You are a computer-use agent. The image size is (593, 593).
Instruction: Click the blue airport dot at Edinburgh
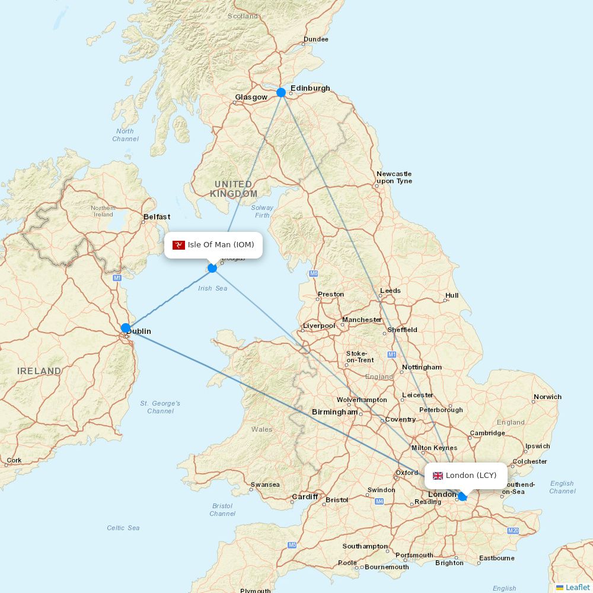281,93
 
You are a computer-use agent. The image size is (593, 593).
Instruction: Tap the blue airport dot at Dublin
126,328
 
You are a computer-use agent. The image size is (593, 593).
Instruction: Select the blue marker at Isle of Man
212,269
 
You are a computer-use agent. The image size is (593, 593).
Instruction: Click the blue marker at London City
463,496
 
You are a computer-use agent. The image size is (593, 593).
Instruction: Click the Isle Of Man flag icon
178,245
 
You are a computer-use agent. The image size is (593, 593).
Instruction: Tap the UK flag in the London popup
438,476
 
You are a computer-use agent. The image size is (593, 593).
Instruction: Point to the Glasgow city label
251,97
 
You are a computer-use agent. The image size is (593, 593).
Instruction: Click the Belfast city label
157,217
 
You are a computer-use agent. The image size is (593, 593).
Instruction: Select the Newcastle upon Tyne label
394,177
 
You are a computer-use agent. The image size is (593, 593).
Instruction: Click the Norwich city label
547,397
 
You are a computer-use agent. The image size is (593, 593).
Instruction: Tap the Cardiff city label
305,496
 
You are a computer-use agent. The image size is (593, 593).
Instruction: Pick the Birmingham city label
334,412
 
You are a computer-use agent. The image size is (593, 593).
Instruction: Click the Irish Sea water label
212,288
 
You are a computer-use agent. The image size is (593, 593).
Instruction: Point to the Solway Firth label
262,211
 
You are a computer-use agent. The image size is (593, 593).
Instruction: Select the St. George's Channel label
160,407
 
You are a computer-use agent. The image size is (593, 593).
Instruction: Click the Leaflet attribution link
577,587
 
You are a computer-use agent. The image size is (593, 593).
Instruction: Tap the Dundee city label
315,40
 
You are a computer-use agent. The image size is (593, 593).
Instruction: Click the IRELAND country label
39,371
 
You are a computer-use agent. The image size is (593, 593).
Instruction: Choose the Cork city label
14,460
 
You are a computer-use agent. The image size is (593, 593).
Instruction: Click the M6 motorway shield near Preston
313,273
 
